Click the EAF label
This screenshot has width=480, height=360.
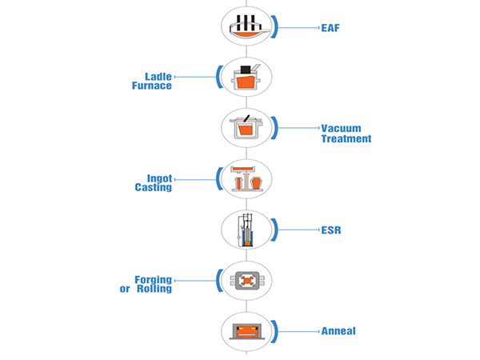coord(329,26)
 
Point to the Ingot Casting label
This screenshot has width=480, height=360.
coord(153,183)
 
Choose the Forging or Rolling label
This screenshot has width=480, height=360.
coord(145,284)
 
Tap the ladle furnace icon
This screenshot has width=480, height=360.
coord(246,78)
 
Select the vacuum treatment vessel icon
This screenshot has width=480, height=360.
coord(246,128)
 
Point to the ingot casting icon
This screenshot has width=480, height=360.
coord(246,179)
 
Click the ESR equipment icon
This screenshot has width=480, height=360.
coord(246,230)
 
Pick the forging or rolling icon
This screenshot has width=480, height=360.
coord(246,280)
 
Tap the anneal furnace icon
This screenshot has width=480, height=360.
coord(246,330)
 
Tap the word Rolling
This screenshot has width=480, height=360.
coord(154,289)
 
